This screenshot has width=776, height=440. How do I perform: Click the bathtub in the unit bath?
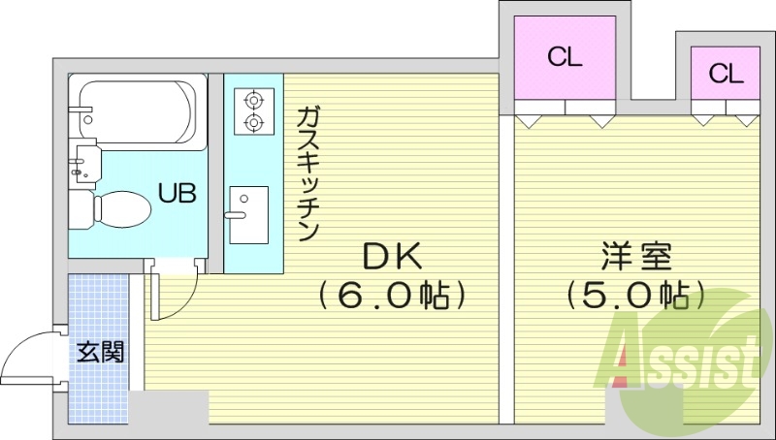[139, 110]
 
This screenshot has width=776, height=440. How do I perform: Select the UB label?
[178, 193]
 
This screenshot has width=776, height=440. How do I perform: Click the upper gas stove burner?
[253, 100]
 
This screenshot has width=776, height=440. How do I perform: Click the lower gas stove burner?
[253, 122]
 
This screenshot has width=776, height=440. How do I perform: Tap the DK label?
[391, 256]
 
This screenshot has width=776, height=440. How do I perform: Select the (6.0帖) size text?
[391, 294]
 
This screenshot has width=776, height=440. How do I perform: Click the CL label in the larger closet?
[564, 57]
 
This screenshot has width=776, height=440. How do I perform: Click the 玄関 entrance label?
[101, 351]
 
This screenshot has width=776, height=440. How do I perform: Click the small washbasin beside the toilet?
[85, 159]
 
